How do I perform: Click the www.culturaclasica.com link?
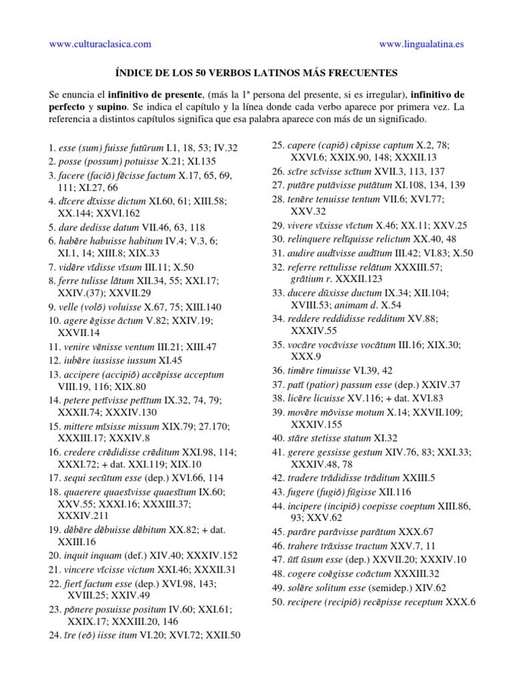(100, 45)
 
